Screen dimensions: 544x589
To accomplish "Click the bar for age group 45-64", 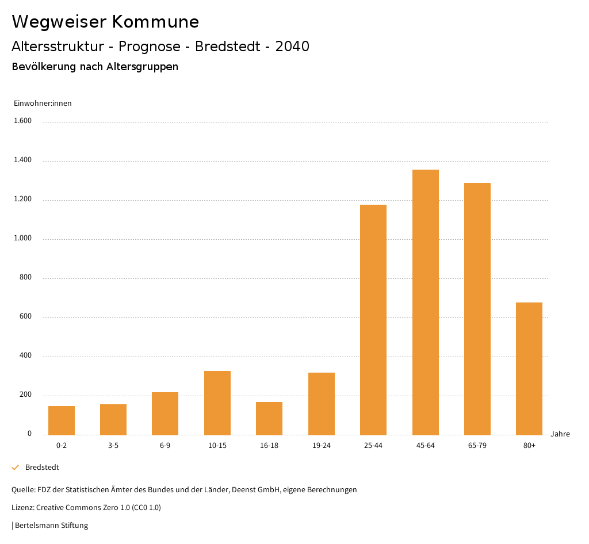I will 425,302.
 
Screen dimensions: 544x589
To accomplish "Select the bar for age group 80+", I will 529,369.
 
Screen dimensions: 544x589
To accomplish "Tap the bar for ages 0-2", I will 62,420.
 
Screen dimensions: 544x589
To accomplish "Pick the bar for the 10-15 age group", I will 217,403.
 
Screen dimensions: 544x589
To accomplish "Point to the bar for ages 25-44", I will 373,320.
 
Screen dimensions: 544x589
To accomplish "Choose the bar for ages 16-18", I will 269,418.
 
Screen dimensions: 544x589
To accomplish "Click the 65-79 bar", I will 477,309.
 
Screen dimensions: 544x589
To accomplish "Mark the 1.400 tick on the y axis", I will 22,160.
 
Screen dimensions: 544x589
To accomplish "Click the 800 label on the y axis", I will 25,278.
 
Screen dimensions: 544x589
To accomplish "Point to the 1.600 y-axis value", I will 22,121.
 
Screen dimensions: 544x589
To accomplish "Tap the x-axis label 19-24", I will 322,446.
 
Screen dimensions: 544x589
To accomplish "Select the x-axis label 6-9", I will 165,446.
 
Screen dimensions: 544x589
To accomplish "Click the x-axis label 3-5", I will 113,446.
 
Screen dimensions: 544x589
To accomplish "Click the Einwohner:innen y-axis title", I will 43,104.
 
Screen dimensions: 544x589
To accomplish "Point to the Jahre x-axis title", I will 560,434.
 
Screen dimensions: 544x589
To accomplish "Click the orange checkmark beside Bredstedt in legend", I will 16,468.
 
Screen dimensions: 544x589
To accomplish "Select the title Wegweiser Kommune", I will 105,22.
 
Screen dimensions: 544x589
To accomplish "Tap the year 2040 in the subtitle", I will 292,47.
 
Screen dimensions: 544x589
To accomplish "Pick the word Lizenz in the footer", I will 22,508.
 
